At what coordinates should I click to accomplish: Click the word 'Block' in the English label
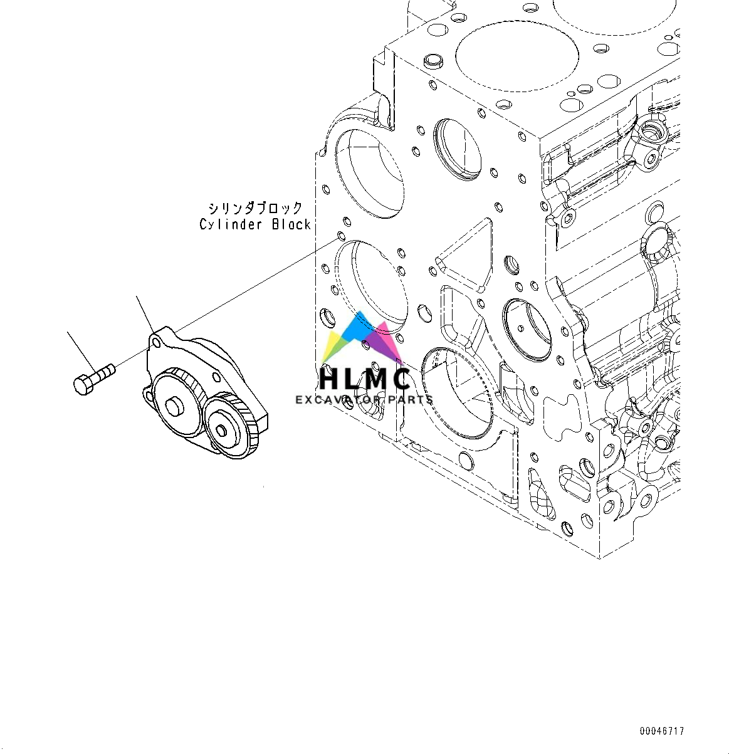tap(291, 224)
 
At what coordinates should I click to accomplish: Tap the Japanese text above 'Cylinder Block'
tap(255, 208)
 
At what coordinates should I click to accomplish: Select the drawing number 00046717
tap(662, 731)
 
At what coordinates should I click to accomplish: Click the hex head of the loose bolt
tap(83, 384)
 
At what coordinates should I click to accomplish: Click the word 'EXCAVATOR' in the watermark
tap(340, 400)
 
